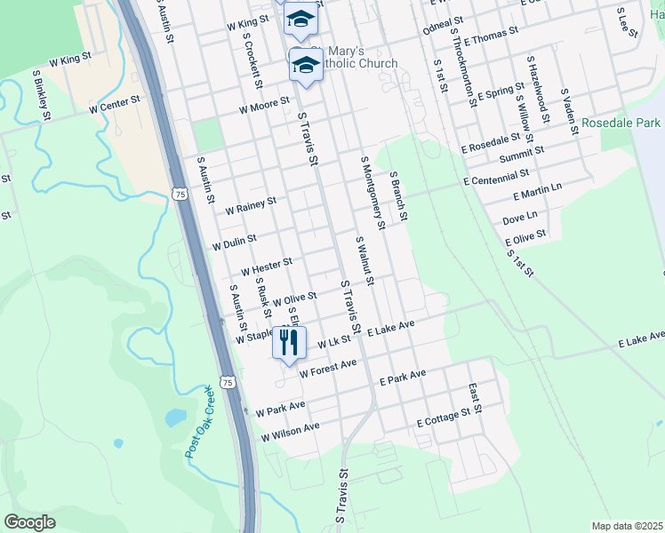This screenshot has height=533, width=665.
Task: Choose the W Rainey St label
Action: (x=251, y=206)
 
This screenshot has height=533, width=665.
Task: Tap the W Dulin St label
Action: (x=234, y=240)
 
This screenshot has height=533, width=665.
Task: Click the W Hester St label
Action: (x=267, y=265)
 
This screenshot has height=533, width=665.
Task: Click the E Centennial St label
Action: (x=495, y=179)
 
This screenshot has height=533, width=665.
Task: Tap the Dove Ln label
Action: (x=520, y=217)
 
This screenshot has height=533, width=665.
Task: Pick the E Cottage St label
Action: (x=443, y=418)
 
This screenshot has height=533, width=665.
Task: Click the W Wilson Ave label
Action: (x=290, y=433)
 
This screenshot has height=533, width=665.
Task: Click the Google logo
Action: (x=29, y=522)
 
